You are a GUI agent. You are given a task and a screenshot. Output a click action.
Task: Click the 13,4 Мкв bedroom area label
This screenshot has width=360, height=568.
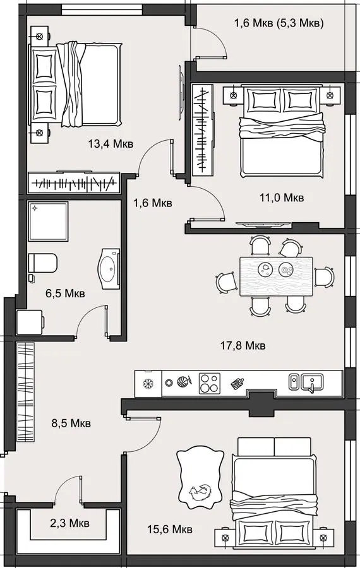[111, 144]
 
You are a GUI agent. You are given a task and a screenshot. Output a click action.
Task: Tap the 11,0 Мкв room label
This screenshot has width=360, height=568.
[281, 198]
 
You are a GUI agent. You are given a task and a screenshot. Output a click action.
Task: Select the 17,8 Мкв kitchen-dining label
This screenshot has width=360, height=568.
[243, 345]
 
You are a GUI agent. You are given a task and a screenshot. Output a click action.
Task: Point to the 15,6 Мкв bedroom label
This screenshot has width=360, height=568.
[170, 530]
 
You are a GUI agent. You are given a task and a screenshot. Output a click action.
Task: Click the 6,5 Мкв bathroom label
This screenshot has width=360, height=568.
[65, 293]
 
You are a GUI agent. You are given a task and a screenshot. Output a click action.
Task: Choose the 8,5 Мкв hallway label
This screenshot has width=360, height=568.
[71, 423]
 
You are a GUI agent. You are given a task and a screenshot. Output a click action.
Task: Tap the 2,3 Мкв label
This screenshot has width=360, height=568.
[69, 523]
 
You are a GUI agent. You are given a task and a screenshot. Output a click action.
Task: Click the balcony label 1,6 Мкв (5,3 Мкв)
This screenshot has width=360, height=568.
[279, 23]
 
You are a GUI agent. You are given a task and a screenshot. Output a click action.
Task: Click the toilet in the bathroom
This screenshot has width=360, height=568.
[43, 263]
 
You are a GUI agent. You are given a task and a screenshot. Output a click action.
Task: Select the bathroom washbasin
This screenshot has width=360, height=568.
[109, 269]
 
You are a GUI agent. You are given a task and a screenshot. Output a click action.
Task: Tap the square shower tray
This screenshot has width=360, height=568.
[48, 222]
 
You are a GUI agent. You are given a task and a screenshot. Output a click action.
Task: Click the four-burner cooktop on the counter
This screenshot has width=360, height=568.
[210, 383]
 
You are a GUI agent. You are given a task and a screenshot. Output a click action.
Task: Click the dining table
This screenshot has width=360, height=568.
[276, 276]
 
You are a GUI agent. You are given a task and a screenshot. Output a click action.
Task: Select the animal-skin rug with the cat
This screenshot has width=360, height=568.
[200, 476]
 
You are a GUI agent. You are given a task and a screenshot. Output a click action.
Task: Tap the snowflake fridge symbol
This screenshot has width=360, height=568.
[148, 383]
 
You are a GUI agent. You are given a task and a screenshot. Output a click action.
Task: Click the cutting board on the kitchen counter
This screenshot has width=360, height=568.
[237, 383]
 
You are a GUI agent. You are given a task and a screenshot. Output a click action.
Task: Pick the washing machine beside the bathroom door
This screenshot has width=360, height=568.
[30, 322]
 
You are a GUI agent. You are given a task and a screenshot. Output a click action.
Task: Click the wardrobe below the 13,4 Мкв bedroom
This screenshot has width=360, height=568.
[74, 183]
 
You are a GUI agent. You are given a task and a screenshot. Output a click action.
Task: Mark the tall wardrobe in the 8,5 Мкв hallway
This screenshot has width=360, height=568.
[25, 393]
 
